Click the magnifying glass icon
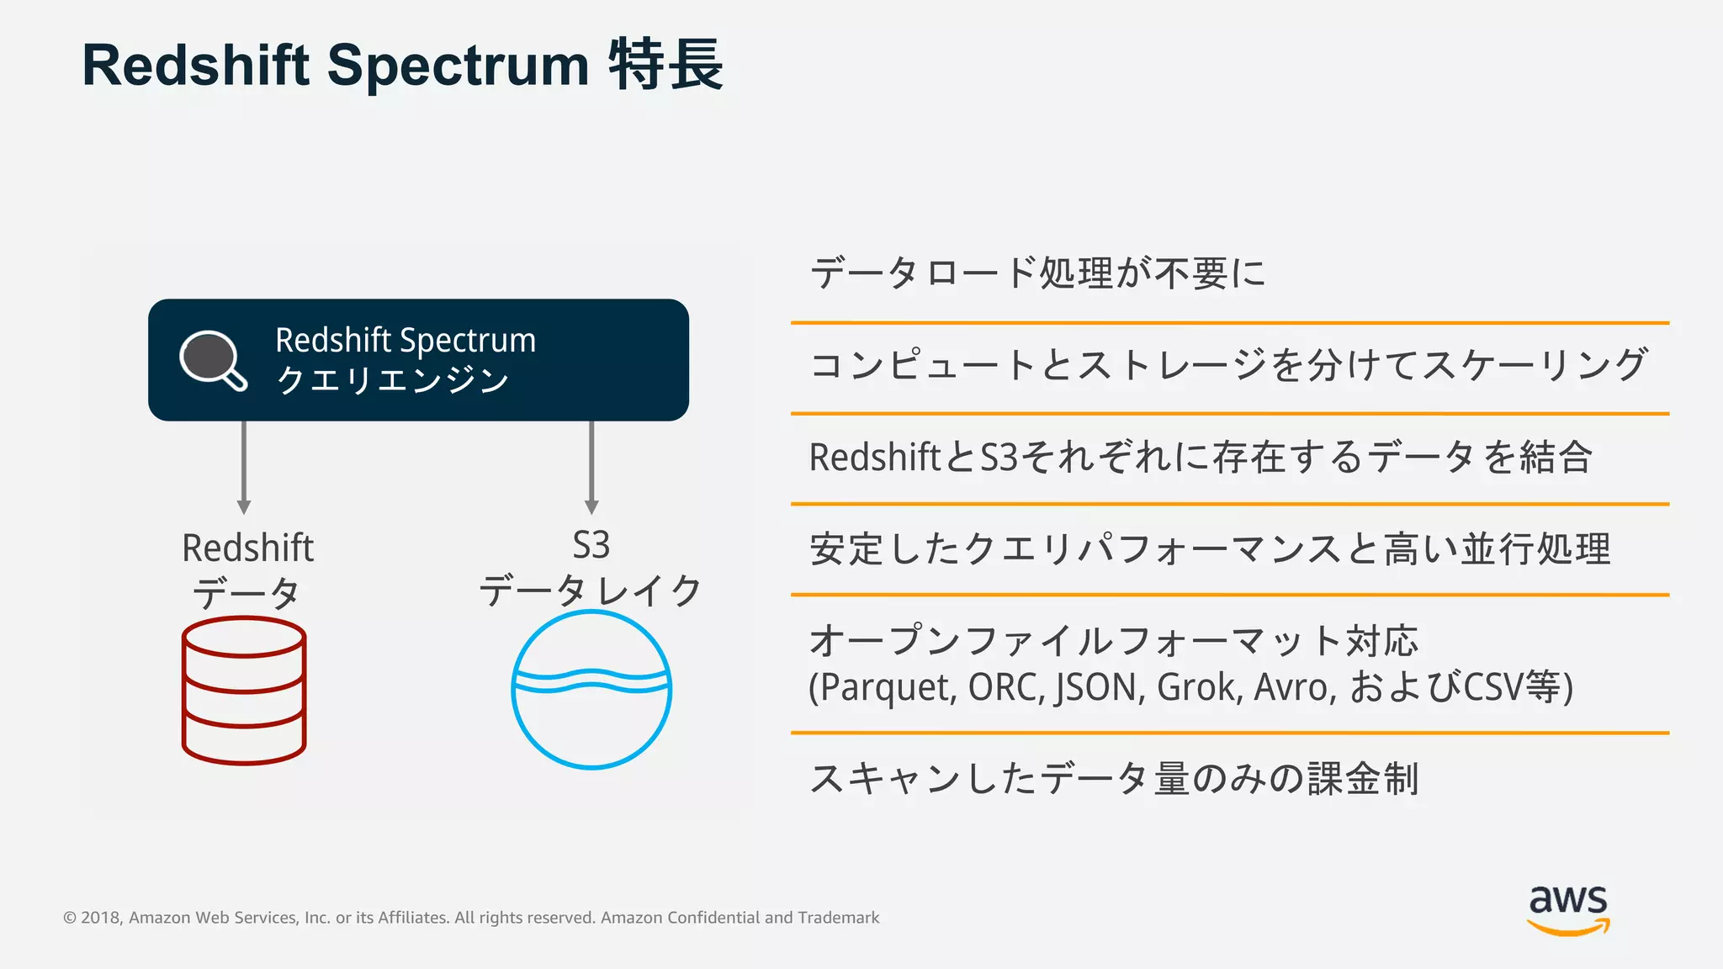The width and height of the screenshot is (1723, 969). click(x=212, y=360)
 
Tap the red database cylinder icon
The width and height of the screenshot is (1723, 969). click(x=244, y=691)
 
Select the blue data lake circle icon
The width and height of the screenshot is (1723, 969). click(x=591, y=689)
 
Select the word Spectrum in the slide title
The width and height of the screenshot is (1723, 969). click(x=458, y=66)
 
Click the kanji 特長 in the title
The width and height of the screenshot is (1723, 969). click(x=665, y=65)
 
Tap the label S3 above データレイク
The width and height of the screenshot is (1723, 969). click(x=591, y=546)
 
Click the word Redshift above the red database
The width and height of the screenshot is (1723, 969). click(x=247, y=548)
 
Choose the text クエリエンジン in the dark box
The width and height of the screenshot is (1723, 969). click(x=392, y=380)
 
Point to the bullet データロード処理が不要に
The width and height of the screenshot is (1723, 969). click(x=1037, y=273)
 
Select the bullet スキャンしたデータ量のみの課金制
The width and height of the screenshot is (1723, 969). click(x=1114, y=778)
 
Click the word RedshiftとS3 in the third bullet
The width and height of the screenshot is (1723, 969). click(x=913, y=458)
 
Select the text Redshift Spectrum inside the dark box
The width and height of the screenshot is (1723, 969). click(x=406, y=341)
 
